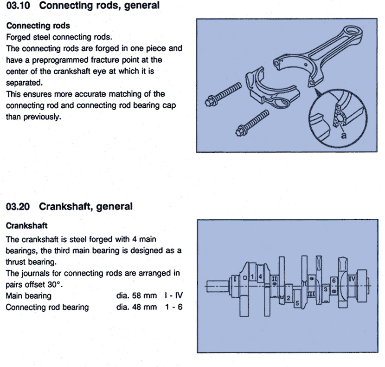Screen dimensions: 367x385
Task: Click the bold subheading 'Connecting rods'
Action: (x=35, y=26)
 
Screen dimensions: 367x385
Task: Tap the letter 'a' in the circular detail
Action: (x=343, y=135)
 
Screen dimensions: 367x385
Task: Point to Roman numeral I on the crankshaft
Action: (x=236, y=278)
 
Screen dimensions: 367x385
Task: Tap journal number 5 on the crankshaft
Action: (x=297, y=303)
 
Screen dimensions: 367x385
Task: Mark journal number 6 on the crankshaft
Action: (x=333, y=281)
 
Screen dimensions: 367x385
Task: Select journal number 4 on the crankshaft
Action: (x=261, y=277)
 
